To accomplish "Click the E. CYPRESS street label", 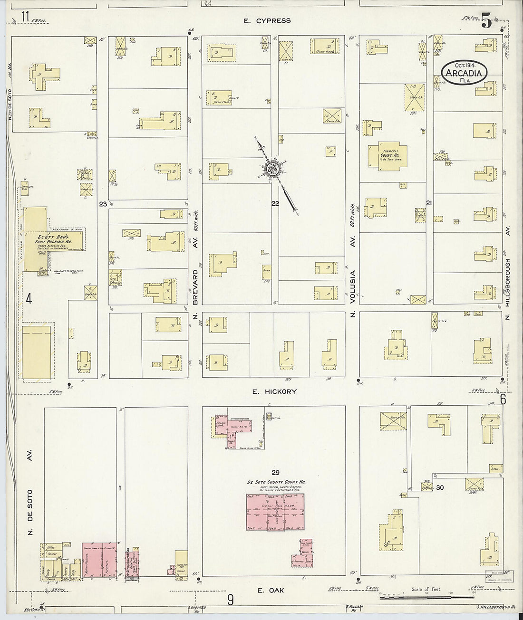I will tap(267, 21).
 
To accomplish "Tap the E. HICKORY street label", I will tap(274, 391).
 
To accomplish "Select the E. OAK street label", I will tap(271, 590).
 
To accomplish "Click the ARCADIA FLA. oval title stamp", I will tap(465, 73).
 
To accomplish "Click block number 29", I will tap(275, 472).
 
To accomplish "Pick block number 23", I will tap(103, 204).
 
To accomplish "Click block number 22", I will tap(275, 204).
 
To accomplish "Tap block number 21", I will tap(429, 203).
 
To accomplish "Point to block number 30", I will tap(440, 487).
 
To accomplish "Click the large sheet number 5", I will tap(486, 21).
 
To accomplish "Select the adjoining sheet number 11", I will tap(25, 17).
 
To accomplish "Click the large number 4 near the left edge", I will tap(29, 299).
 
